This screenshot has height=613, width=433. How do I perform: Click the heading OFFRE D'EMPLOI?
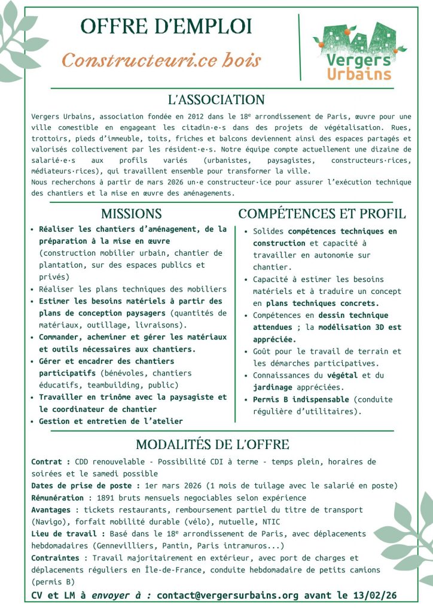(166, 27)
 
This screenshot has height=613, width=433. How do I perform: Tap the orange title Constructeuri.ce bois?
(161, 60)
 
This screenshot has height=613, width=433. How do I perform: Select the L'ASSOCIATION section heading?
(216, 100)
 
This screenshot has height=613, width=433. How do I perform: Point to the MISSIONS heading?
(131, 214)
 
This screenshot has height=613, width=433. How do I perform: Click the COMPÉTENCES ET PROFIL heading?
(322, 214)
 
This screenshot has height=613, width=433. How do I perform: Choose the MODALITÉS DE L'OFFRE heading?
(212, 445)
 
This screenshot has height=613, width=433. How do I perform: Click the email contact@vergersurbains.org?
(228, 595)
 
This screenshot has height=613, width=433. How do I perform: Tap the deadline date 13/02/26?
(374, 595)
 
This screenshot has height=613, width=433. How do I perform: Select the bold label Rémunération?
(57, 497)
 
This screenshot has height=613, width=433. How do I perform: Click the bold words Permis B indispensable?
(300, 399)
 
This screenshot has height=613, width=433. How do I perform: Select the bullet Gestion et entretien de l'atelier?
(111, 421)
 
